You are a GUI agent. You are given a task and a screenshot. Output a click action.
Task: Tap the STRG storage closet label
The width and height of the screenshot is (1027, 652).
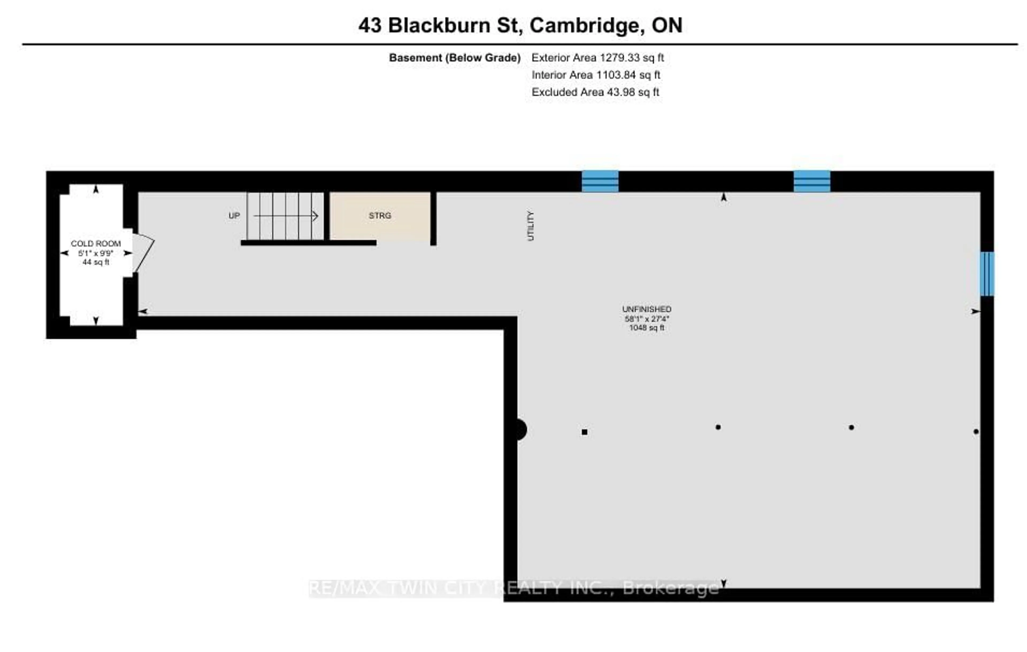click(x=380, y=216)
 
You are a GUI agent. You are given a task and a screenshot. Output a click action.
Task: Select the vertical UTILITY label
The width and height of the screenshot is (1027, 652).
click(x=531, y=226)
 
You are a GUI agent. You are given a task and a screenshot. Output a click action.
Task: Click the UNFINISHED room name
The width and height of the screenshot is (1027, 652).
click(x=647, y=309)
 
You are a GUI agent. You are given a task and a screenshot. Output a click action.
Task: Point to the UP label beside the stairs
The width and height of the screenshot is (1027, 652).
click(x=234, y=216)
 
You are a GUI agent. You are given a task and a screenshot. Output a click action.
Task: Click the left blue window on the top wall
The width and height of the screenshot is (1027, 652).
click(x=600, y=181)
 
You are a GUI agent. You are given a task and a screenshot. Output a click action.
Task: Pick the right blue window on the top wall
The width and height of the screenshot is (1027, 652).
click(x=812, y=181)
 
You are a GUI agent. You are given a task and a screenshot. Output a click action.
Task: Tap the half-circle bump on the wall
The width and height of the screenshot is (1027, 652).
click(x=521, y=429)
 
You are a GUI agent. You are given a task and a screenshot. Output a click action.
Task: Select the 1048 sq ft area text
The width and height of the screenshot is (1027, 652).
click(x=647, y=328)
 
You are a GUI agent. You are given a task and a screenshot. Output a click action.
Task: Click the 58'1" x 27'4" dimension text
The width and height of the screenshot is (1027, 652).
click(x=647, y=319)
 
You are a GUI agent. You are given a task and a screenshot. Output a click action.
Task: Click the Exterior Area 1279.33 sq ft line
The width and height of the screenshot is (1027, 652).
click(x=597, y=58)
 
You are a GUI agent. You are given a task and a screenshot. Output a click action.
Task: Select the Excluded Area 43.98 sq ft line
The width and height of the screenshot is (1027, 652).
click(x=595, y=92)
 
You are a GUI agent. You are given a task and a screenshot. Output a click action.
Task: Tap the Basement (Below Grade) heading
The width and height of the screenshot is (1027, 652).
click(x=455, y=58)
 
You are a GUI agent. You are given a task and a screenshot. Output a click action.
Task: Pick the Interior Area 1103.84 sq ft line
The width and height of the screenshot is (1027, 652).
click(x=596, y=75)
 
